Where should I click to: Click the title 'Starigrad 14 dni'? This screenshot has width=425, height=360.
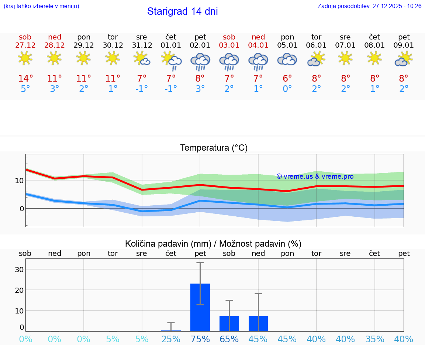click(182, 11)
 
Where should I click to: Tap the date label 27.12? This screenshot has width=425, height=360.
click(25, 45)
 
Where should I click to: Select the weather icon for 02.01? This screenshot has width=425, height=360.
click(200, 62)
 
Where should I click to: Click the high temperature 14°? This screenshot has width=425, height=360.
click(25, 79)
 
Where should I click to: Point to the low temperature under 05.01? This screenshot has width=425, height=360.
click(287, 89)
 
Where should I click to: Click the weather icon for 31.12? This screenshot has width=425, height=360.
click(142, 58)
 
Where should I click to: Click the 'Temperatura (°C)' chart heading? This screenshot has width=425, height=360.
click(214, 148)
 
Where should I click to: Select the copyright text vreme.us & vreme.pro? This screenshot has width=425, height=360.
click(315, 176)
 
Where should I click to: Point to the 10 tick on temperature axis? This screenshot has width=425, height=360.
click(19, 181)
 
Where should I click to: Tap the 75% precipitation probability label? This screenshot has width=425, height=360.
click(200, 339)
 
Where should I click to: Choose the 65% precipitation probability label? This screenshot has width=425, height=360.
click(229, 339)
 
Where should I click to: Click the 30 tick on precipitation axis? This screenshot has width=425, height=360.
click(19, 270)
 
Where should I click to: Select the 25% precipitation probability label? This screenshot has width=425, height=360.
click(171, 339)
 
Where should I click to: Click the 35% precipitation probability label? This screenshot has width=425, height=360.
click(375, 339)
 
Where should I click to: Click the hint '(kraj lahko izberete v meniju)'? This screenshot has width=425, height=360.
click(41, 6)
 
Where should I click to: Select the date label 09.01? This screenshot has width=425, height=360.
click(404, 45)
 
